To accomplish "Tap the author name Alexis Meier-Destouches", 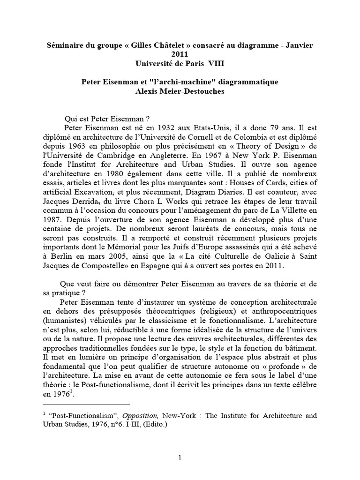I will coord(180,91).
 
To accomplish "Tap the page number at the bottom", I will coord(180,457).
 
